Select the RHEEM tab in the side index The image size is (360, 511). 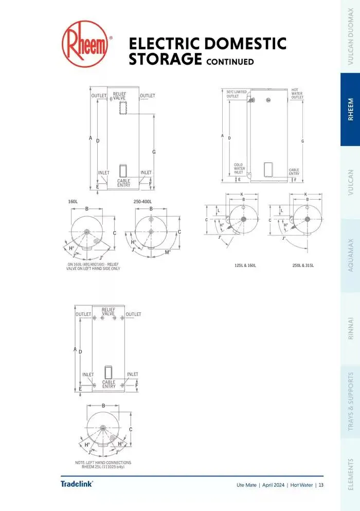click(x=351, y=109)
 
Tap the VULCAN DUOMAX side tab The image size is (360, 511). click(x=351, y=36)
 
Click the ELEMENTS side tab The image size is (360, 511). click(x=351, y=476)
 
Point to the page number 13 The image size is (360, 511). click(x=321, y=485)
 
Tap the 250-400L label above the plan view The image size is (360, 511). click(x=144, y=202)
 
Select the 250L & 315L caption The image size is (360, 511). click(x=303, y=265)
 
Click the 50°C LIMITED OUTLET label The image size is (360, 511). click(x=237, y=94)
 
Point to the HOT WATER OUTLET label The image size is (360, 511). click(x=297, y=93)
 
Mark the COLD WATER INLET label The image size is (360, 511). click(x=239, y=169)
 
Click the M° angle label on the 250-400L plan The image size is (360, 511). click(x=168, y=252)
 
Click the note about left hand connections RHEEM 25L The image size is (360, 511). click(x=103, y=465)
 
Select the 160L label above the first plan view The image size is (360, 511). click(x=73, y=202)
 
